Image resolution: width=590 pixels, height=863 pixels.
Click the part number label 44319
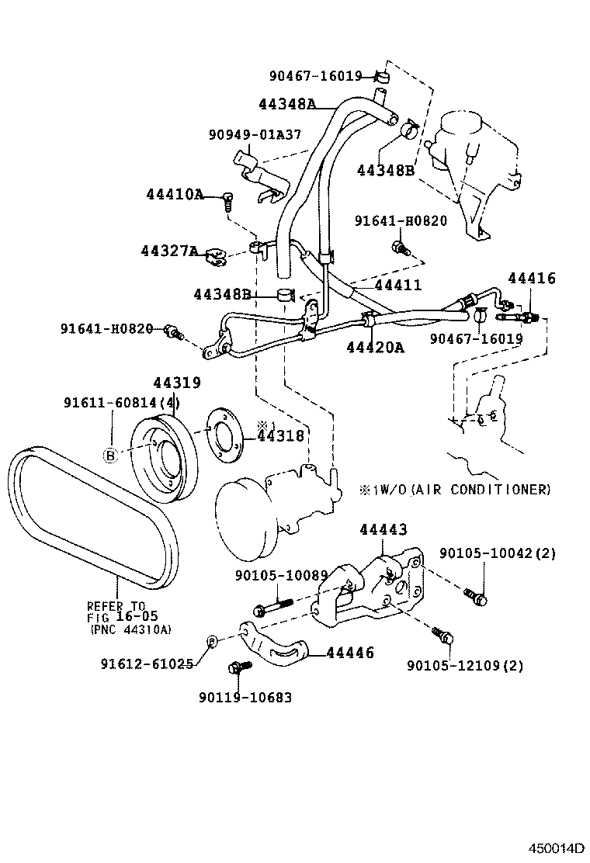click(177, 383)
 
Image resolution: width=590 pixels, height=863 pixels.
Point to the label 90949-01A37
click(255, 134)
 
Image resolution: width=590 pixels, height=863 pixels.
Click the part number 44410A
click(174, 194)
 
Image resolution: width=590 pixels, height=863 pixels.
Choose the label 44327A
click(169, 251)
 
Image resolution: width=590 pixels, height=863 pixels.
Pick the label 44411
click(398, 286)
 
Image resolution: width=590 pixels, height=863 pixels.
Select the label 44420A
click(375, 347)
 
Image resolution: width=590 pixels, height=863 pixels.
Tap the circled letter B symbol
click(110, 456)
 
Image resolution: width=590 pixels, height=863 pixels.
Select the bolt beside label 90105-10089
click(268, 607)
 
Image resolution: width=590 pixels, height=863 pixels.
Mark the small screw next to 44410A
click(228, 200)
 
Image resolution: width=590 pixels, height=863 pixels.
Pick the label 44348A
click(287, 103)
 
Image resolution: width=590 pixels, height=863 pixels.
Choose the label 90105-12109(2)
click(465, 665)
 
